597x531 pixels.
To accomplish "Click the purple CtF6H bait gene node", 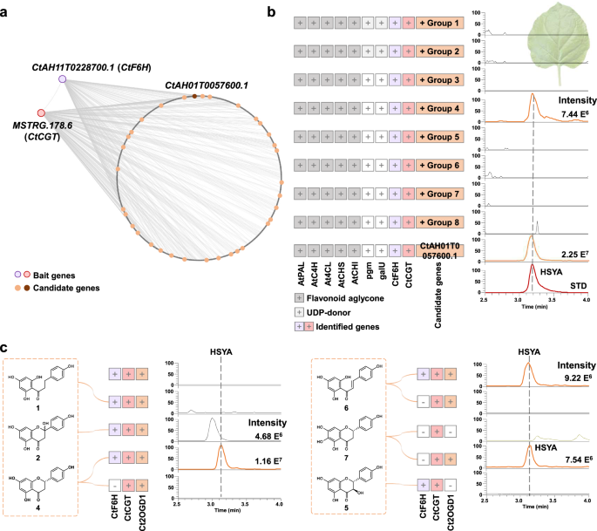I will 64,79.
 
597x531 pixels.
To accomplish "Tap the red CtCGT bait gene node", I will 41,112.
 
